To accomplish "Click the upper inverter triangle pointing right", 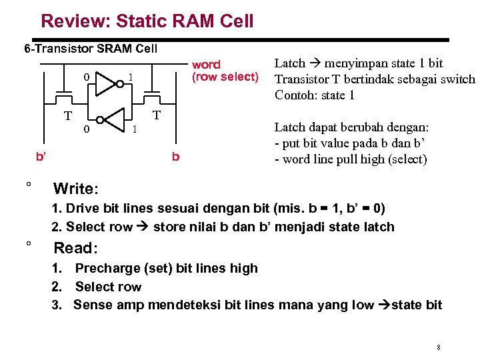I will point(106,83).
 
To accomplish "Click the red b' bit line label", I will point(41,157).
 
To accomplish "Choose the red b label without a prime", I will point(175,157).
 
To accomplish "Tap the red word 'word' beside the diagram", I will point(206,65).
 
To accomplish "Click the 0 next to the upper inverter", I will point(86,77).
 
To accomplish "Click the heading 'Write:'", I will point(76,188).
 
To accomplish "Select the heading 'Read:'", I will point(75,248).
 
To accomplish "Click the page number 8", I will point(438,347).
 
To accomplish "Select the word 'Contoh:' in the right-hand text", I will point(297,95).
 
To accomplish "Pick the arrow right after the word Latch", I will point(314,63).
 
